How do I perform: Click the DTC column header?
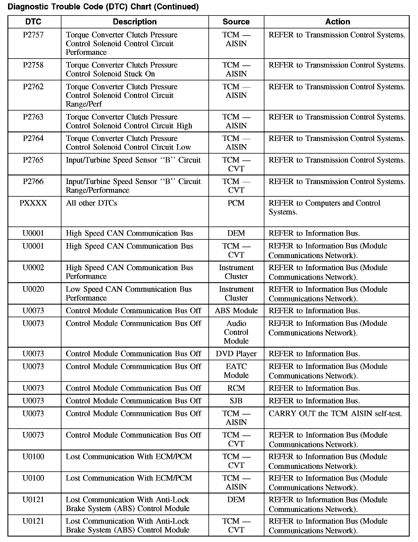click(33, 22)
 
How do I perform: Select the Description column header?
click(135, 22)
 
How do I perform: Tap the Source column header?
click(236, 22)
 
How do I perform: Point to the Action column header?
click(338, 22)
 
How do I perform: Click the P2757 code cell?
click(33, 35)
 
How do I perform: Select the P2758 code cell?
click(33, 65)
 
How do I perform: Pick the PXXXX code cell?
click(33, 203)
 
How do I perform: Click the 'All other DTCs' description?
click(92, 203)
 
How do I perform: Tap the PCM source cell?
click(236, 203)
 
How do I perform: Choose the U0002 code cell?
click(33, 268)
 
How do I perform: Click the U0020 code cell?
click(33, 289)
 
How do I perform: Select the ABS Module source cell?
click(236, 311)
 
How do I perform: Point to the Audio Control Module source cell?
click(236, 332)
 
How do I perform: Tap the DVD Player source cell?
click(236, 354)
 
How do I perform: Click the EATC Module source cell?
click(236, 371)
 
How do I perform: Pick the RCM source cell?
click(236, 388)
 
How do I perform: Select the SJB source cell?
click(236, 401)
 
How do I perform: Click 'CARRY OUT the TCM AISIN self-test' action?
click(335, 414)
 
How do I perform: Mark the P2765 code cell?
click(33, 160)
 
